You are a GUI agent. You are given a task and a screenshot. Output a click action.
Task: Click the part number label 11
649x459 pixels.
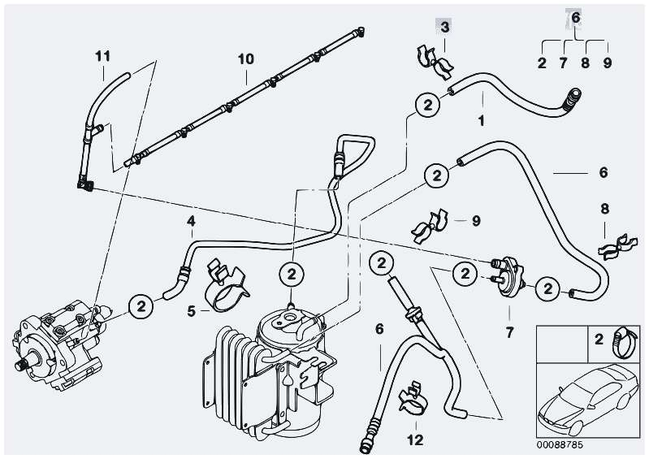[102, 56]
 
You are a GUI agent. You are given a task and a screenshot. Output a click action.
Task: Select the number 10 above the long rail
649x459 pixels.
[245, 59]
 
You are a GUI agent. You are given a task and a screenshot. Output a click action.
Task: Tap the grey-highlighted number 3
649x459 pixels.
[444, 28]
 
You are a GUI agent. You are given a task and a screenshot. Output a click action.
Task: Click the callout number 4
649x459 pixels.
[191, 220]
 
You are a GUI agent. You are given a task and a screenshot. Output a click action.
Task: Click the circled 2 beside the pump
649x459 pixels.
[141, 305]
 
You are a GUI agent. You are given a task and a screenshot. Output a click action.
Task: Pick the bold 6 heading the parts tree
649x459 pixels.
[575, 17]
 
